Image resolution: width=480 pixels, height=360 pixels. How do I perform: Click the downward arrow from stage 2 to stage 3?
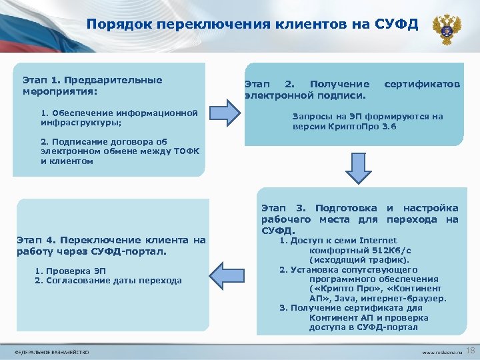tap(357, 171)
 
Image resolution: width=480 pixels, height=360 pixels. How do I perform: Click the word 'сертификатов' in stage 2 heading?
tap(422, 85)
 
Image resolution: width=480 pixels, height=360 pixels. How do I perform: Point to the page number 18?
tap(469, 351)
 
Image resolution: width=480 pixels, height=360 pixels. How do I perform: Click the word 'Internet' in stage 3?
tap(378, 241)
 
